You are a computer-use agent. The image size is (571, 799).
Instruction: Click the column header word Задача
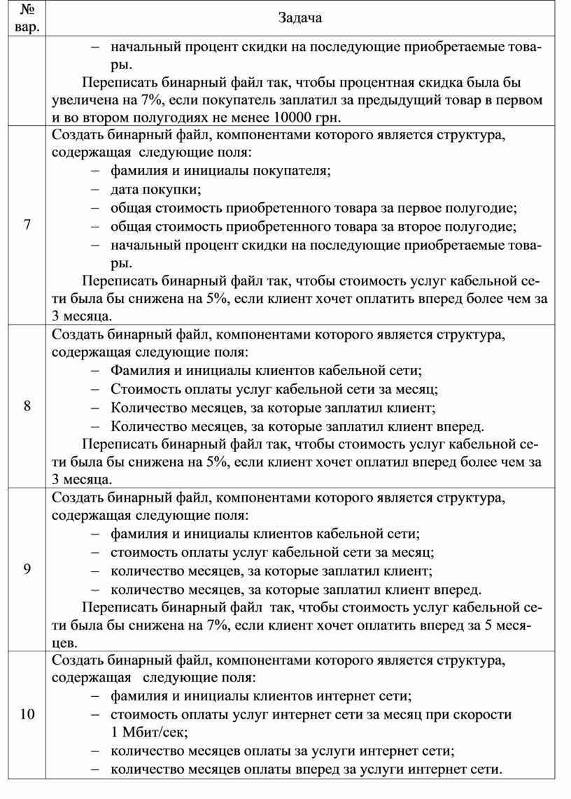pyautogui.click(x=300, y=18)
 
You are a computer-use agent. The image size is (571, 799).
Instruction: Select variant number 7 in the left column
pyautogui.click(x=27, y=225)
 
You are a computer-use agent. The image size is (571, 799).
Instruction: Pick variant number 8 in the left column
pyautogui.click(x=27, y=406)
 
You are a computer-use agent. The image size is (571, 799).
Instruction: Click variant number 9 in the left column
pyautogui.click(x=27, y=568)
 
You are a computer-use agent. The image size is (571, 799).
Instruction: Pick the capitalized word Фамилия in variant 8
pyautogui.click(x=139, y=370)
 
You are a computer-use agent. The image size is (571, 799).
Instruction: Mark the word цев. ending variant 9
pyautogui.click(x=64, y=642)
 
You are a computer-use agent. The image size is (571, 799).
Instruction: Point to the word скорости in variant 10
pyautogui.click(x=484, y=714)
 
